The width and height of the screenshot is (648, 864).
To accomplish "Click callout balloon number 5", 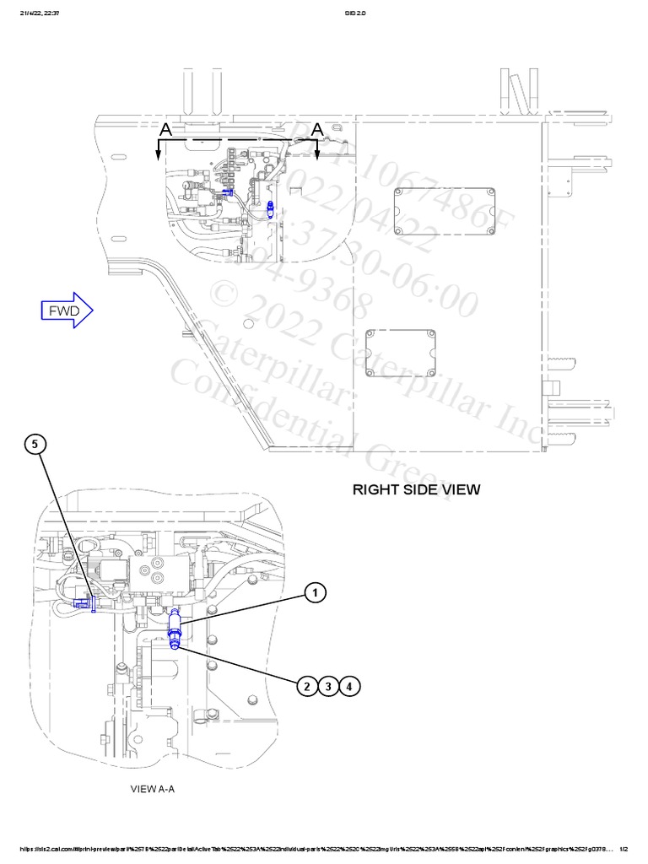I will (35, 444).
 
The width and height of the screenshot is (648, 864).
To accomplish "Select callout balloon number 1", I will (314, 595).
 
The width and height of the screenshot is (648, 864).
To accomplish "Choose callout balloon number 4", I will (349, 686).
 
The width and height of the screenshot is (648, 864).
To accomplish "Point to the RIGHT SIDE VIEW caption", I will (416, 489).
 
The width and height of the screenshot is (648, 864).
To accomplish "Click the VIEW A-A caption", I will (153, 790).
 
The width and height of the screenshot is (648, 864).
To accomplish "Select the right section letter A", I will (317, 128).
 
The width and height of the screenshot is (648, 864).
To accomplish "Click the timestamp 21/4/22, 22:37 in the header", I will (34, 12).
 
